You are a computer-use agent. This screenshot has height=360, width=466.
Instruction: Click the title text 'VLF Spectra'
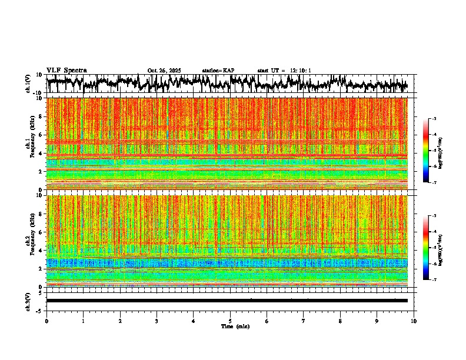(66, 70)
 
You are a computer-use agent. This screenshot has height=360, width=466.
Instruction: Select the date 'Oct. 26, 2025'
(164, 71)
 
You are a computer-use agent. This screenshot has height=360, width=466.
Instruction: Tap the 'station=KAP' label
(218, 71)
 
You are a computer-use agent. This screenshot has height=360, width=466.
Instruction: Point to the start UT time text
(284, 71)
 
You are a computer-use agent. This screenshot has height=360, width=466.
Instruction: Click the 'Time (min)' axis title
(230, 326)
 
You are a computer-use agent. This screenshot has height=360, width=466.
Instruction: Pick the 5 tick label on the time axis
(230, 321)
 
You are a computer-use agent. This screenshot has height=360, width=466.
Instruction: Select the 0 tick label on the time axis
(46, 321)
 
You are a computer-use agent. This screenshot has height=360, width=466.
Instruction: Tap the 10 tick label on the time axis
(414, 321)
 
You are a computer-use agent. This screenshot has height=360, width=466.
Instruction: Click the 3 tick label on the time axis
(157, 321)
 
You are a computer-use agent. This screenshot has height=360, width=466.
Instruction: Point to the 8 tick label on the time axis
(340, 321)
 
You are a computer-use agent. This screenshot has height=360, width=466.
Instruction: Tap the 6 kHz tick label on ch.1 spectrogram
(41, 135)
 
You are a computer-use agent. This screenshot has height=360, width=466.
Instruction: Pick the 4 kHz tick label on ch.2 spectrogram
(41, 251)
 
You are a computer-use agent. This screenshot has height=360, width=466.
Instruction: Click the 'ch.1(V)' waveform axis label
(29, 84)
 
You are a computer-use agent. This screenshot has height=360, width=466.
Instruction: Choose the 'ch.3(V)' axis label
(29, 301)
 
